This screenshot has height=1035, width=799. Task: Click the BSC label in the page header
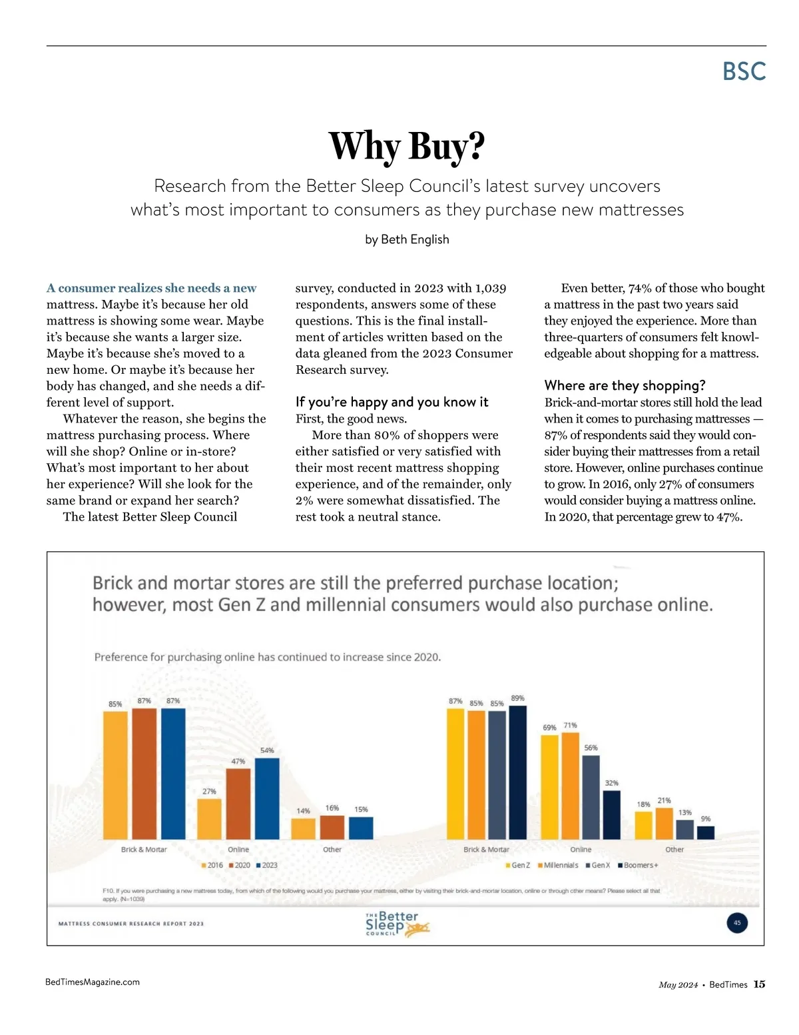tap(744, 71)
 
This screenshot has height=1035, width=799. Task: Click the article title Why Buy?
tap(407, 146)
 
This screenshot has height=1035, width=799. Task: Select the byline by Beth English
tap(407, 239)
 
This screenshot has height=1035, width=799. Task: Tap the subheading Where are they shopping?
tap(625, 385)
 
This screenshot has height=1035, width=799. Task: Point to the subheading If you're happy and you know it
tap(392, 402)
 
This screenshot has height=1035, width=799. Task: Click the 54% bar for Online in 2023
tap(267, 798)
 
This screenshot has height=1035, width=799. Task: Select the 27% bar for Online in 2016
tap(209, 818)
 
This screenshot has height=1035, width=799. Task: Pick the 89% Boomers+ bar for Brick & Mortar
tap(517, 772)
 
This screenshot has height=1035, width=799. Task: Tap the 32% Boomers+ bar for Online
tap(611, 814)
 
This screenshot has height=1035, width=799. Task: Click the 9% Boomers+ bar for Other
tap(706, 832)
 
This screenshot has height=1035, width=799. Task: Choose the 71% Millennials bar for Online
tap(570, 786)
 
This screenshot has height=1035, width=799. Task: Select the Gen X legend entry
tap(597, 865)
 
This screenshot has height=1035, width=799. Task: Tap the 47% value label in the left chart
tap(238, 761)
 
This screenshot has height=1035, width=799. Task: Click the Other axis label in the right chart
tap(674, 850)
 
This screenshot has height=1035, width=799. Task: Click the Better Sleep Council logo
tap(398, 924)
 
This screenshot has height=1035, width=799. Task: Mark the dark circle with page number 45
tap(737, 923)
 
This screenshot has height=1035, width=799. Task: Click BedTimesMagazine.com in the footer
tap(93, 982)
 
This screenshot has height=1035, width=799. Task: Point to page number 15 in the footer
tap(759, 984)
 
